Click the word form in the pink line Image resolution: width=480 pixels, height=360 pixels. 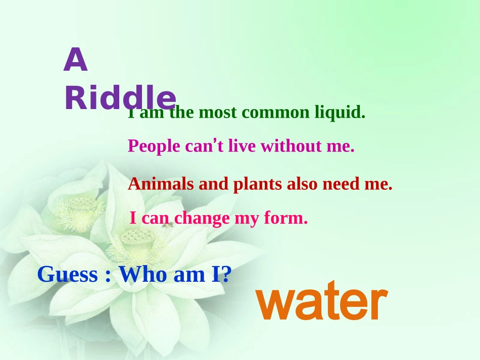285,219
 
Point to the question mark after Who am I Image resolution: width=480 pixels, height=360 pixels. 226,275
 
